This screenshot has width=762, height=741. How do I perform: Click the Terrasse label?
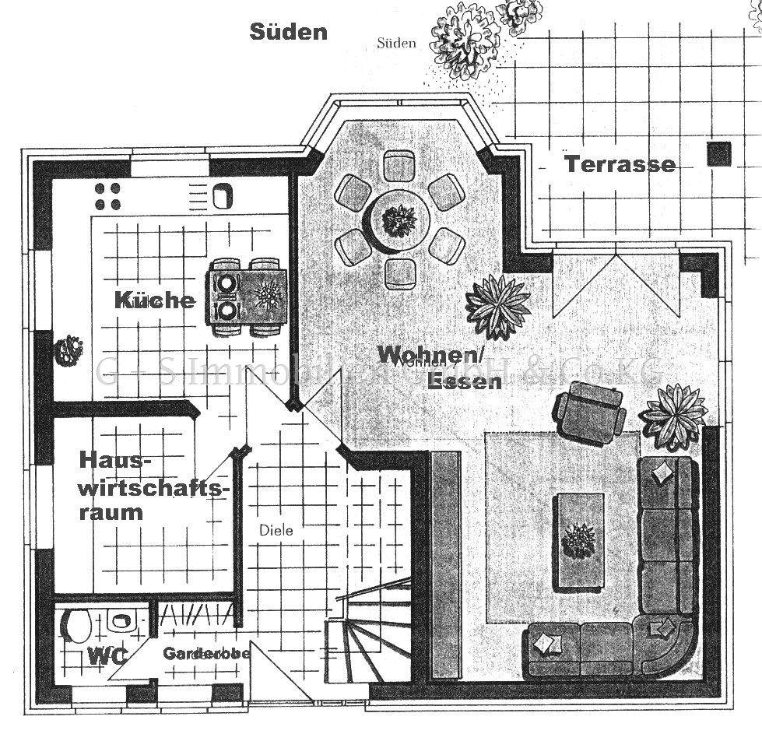pos(620,165)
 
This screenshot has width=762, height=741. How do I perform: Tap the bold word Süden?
pos(288,32)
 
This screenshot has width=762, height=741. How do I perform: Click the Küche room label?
pos(155,300)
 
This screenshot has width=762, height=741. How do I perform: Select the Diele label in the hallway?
pos(276,531)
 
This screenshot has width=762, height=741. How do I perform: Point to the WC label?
pos(107,655)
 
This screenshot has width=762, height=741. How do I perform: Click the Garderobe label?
pos(206,654)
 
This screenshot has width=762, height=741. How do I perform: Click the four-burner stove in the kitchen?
pos(107,196)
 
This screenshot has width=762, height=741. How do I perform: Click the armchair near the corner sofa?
pos(591,411)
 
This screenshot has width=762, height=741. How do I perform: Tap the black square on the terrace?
pos(719,154)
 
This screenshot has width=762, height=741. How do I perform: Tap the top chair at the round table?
pos(399,164)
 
